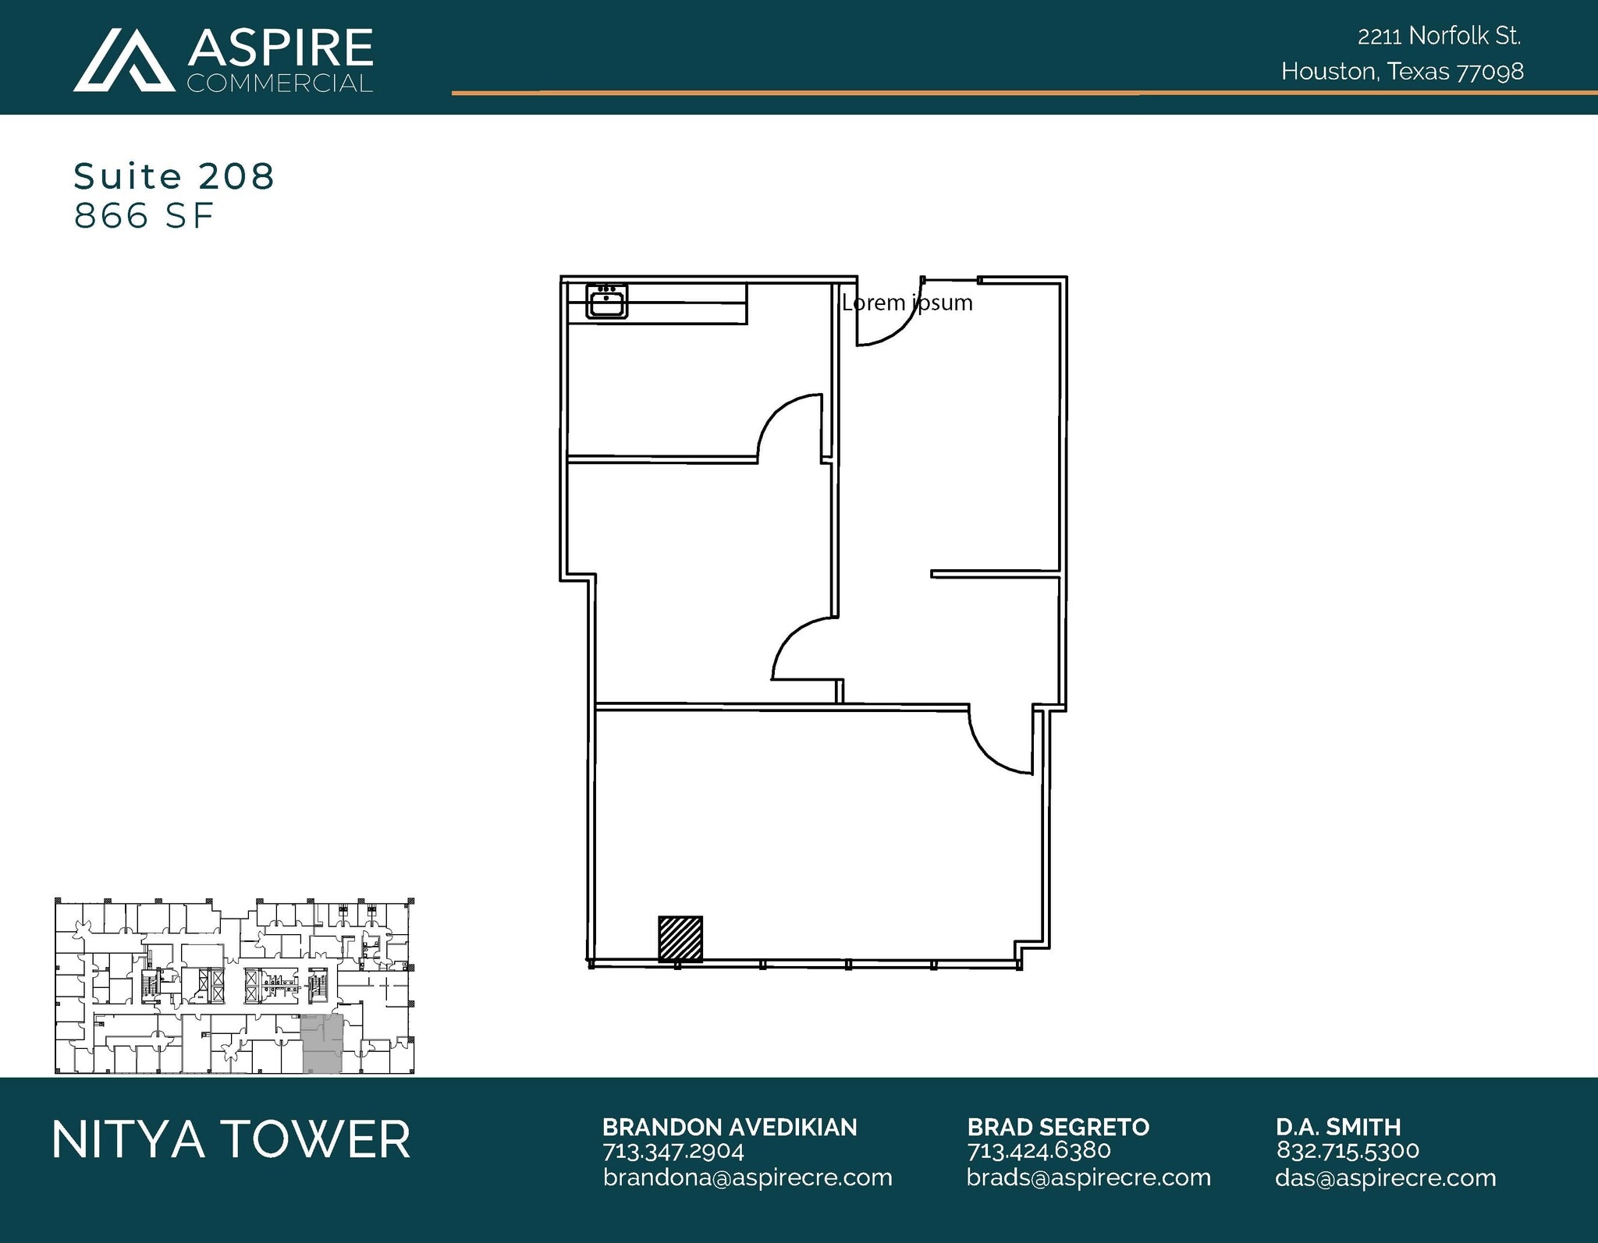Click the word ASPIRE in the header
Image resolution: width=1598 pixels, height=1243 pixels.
pos(280,48)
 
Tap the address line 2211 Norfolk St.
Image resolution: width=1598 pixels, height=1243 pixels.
pos(1439,36)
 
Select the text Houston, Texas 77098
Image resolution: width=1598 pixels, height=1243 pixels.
pos(1402,72)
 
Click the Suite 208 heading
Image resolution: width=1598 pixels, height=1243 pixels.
pos(174,176)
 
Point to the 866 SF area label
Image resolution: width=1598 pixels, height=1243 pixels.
pos(144,216)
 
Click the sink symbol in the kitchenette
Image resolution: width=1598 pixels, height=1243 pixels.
pos(606,301)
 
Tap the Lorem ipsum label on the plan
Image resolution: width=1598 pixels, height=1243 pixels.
pos(907,303)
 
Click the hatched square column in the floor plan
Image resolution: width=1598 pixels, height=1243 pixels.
pos(680,938)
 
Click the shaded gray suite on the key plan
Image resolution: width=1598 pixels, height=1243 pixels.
pos(321,1044)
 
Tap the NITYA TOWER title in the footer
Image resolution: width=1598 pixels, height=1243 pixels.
pos(231,1139)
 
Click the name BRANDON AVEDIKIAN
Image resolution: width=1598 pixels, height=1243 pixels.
pos(730,1127)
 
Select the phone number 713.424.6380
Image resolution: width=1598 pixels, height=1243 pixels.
pos(1039,1151)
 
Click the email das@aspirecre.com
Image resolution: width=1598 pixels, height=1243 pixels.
pos(1385,1177)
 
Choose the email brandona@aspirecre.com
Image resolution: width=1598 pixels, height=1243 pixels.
pos(748,1177)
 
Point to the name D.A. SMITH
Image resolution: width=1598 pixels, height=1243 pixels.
pos(1338,1127)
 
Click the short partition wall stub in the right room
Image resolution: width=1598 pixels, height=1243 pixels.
pos(995,575)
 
